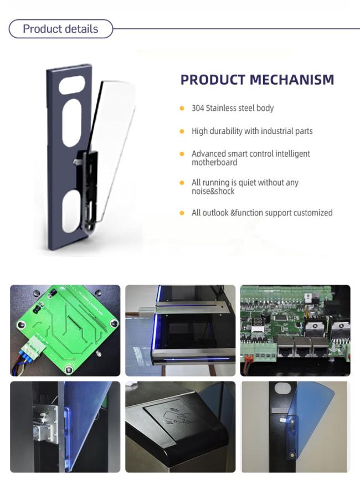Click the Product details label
60,29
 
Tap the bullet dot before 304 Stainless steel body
182,109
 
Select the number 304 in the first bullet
198,108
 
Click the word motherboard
214,162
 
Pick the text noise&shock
213,191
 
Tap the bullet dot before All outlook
182,213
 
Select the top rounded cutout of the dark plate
72,84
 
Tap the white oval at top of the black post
282,389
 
